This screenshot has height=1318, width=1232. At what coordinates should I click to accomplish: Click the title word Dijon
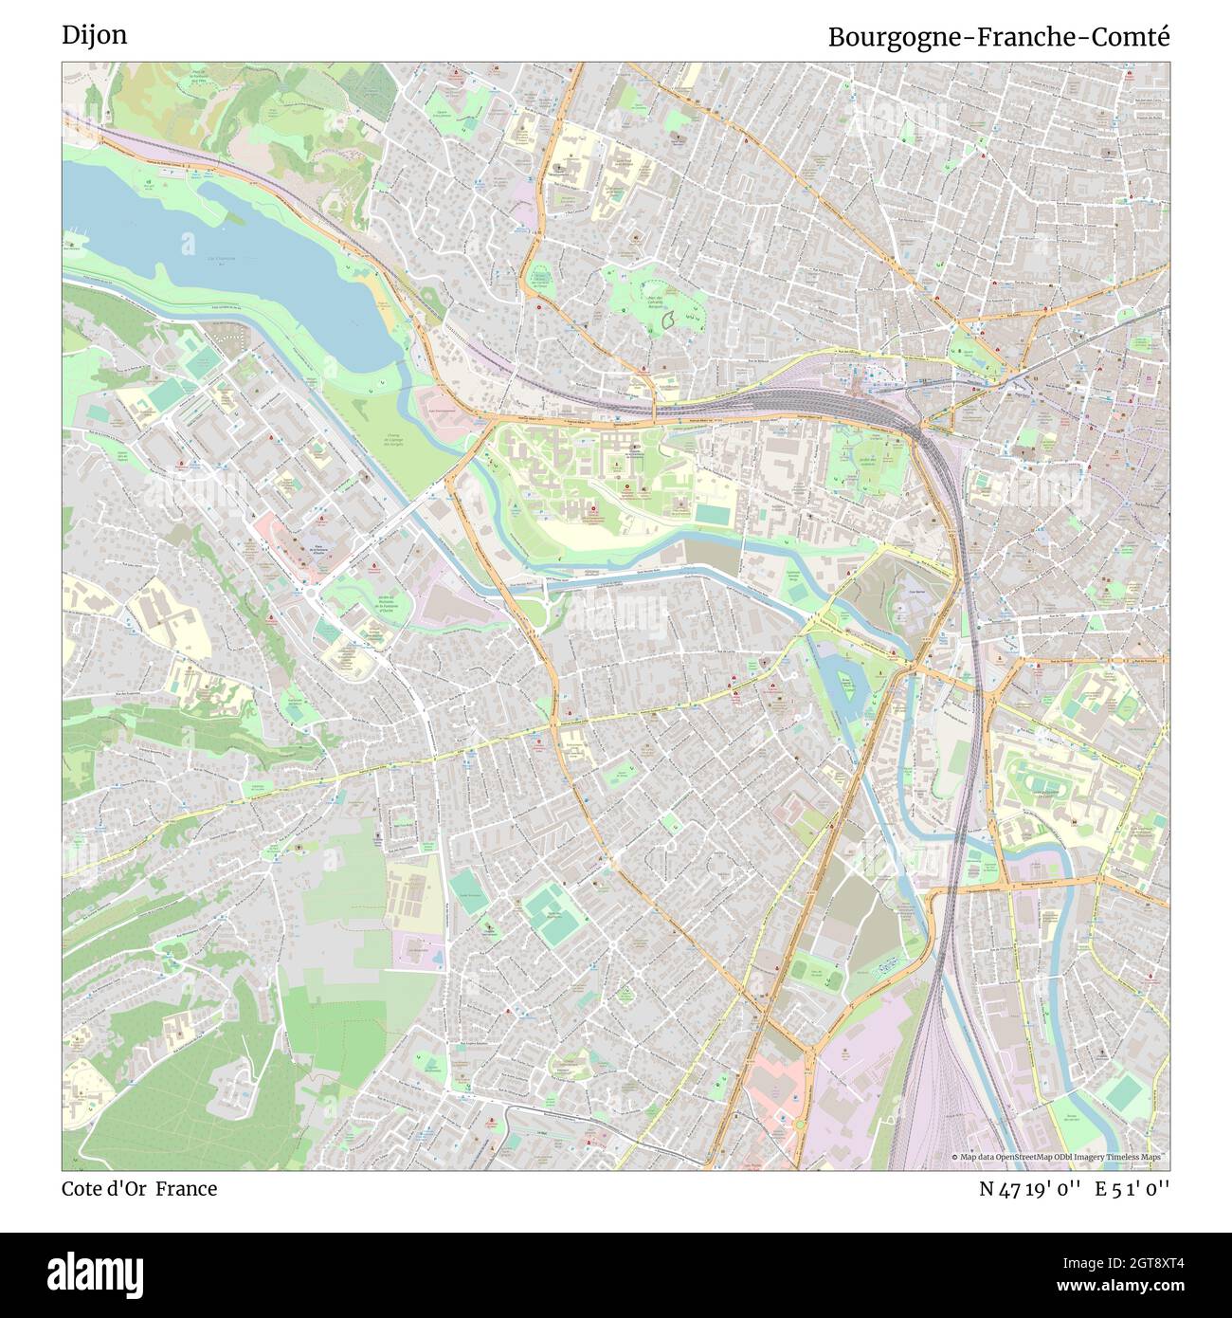tap(95, 35)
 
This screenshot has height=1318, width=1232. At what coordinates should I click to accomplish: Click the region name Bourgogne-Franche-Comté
tap(998, 37)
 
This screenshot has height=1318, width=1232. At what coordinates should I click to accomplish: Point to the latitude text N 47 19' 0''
tap(1029, 1189)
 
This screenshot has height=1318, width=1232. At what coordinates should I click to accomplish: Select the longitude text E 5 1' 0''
tap(1132, 1189)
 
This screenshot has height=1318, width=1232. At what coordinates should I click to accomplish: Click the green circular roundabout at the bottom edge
tap(799, 1126)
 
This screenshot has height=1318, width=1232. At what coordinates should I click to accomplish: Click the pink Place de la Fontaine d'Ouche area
tap(284, 536)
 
